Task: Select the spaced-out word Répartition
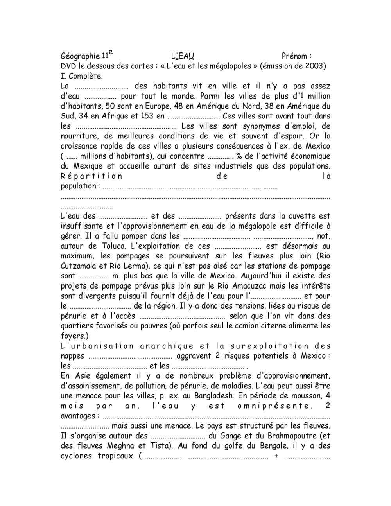tap(91, 176)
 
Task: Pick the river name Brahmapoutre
tap(292, 436)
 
